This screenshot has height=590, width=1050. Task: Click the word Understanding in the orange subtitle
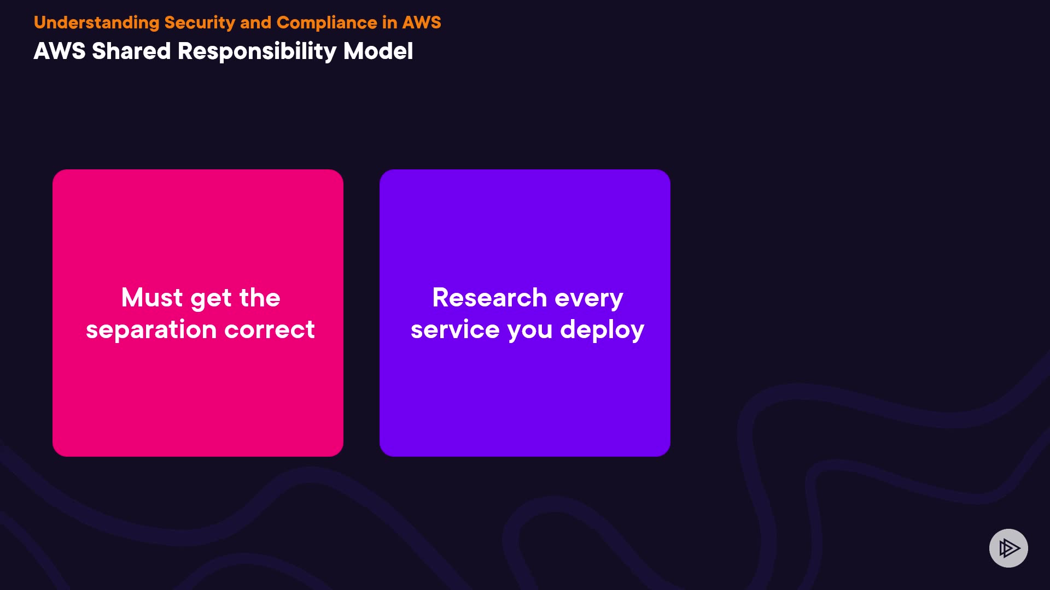tap(96, 23)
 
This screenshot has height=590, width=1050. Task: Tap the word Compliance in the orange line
tap(327, 23)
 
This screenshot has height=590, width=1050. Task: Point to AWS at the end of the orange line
tap(422, 22)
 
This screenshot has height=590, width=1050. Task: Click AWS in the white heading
tap(60, 51)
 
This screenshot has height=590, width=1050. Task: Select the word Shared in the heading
tap(131, 51)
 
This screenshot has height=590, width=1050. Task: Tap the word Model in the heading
tap(378, 51)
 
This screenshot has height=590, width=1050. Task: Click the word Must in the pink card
tap(152, 298)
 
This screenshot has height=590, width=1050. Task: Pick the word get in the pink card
tap(211, 299)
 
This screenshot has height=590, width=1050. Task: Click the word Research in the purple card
tap(489, 298)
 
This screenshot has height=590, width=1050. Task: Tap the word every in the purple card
tap(589, 299)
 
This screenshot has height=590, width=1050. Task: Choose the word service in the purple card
tap(455, 330)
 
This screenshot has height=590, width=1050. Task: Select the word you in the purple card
tap(530, 332)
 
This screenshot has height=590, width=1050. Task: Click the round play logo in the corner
tap(1008, 548)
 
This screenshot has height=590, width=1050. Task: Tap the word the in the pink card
tap(260, 298)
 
